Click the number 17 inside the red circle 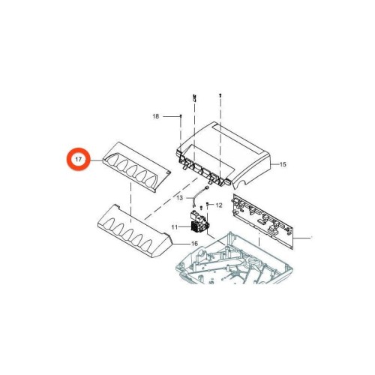78,159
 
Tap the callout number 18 155,116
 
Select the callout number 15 283,164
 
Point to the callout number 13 180,198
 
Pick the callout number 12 219,205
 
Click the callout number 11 175,227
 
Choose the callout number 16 194,244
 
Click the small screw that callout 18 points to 181,116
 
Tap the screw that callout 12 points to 208,205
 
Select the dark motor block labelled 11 199,222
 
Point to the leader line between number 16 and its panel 181,244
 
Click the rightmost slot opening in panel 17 151,181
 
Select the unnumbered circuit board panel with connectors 262,221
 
